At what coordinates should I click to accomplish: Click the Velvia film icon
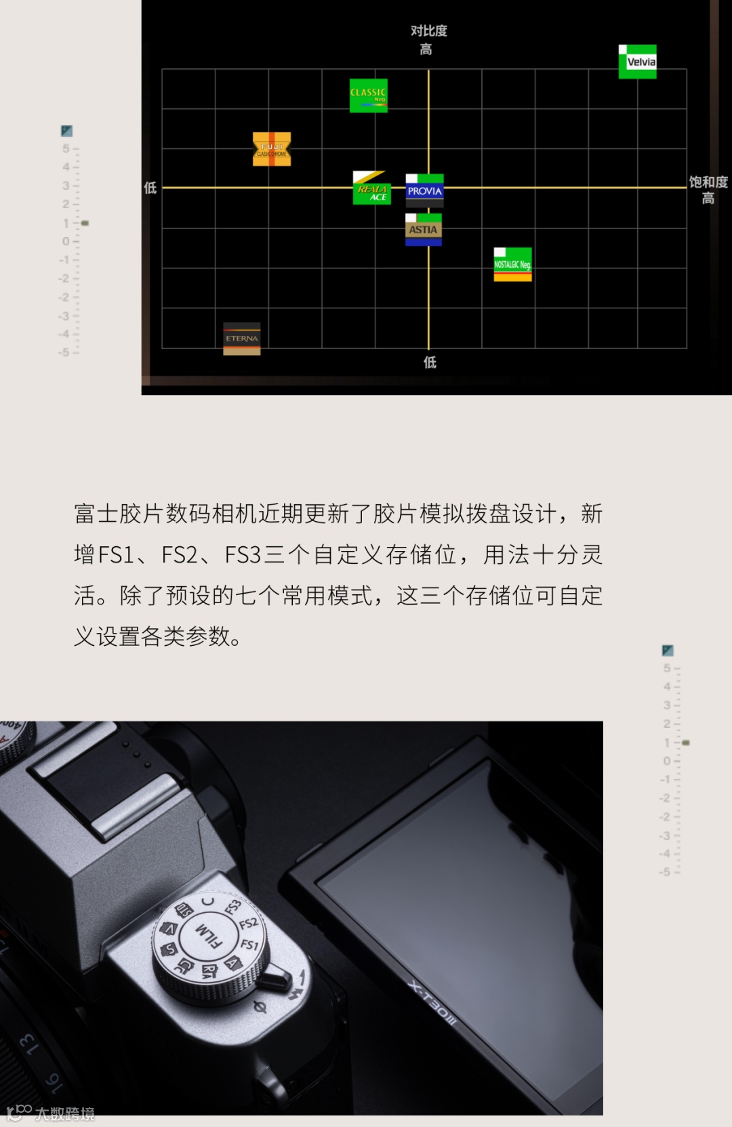(637, 62)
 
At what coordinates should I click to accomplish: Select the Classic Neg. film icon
(368, 95)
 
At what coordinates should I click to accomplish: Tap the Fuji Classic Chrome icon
(272, 149)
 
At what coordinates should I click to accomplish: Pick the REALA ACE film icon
(371, 188)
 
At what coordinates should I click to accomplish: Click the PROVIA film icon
(424, 190)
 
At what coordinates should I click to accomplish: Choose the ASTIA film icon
(423, 230)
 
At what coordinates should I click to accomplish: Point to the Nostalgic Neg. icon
(512, 264)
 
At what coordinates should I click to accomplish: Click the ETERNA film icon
(242, 338)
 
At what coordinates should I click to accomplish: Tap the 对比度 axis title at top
(428, 31)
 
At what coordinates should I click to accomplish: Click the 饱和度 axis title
(708, 182)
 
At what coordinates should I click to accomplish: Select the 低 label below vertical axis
(430, 363)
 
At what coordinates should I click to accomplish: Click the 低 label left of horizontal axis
(150, 188)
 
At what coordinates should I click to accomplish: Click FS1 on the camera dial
(249, 944)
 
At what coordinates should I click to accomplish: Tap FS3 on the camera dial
(232, 906)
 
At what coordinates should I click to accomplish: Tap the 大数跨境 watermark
(64, 1113)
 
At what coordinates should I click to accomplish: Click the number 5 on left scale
(66, 148)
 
